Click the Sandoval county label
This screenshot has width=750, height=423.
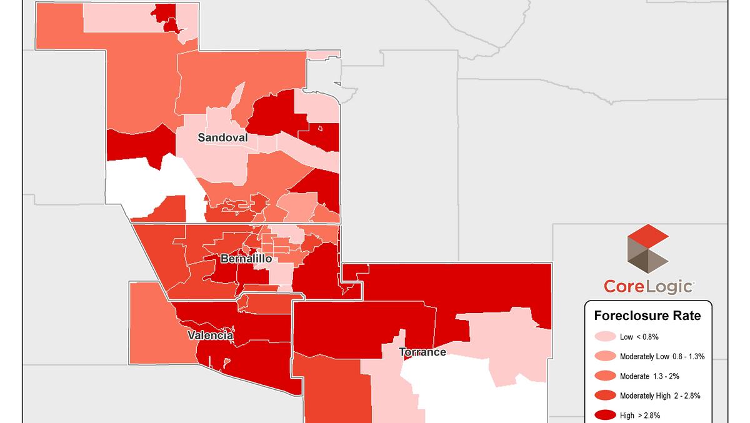(222, 137)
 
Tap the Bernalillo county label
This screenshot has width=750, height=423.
(246, 258)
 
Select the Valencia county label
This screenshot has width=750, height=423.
(211, 336)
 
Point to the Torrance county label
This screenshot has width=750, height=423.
(422, 352)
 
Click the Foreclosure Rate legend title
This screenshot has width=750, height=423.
(647, 316)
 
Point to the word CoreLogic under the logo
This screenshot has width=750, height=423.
(648, 287)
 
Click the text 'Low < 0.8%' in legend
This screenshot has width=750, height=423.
(639, 337)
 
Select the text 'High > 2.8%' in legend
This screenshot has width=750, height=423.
(640, 415)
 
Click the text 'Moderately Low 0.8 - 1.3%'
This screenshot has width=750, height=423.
(662, 356)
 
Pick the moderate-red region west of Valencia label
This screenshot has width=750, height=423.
(150, 325)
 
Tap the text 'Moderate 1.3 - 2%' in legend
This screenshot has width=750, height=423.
(650, 376)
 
